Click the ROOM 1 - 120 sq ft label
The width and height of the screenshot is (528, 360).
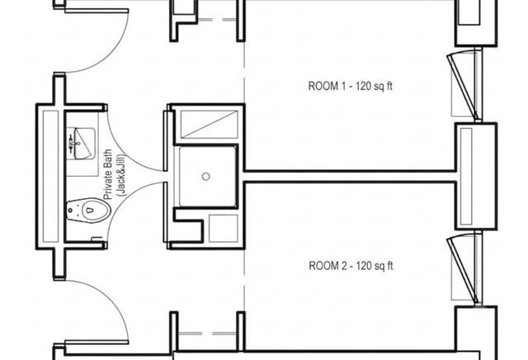pos(350,87)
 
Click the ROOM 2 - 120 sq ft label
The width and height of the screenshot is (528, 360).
pos(351,266)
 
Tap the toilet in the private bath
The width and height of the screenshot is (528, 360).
pos(88,211)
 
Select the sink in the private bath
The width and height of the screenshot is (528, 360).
pos(81,144)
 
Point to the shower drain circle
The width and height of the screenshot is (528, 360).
pos(205,177)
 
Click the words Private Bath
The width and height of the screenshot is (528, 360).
pos(108,174)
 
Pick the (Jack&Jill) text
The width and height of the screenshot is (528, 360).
pos(120,175)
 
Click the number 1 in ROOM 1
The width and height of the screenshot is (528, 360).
pos(343,87)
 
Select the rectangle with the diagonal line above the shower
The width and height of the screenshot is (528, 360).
pos(209,125)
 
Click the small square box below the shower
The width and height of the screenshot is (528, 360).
pos(224,228)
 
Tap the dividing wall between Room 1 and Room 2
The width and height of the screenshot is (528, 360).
pos(350,177)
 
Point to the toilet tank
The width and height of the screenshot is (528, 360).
pos(71,211)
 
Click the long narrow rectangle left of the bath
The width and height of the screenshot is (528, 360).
pos(50,177)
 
